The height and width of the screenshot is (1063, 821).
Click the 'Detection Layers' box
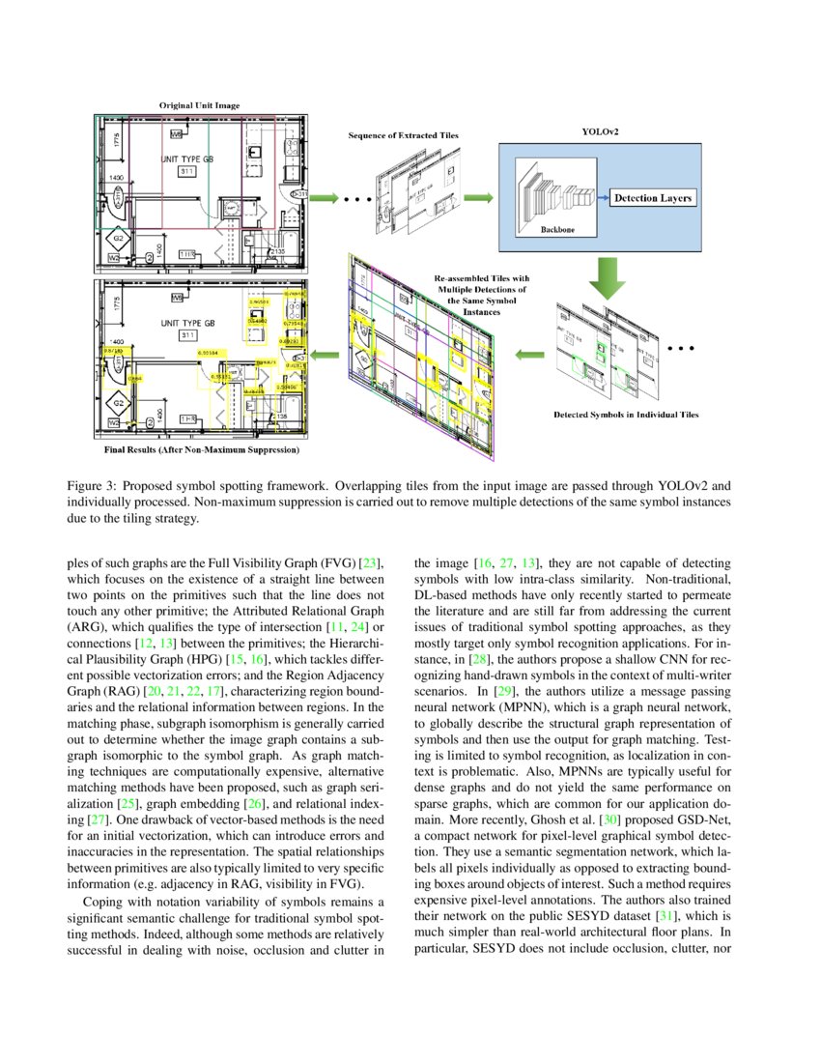coord(653,198)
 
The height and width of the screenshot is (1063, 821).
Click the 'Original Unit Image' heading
coord(200,104)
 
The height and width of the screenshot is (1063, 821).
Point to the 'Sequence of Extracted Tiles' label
coord(404,136)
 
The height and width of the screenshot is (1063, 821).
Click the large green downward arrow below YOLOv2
coord(607,276)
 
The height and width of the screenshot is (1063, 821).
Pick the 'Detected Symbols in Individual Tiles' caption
coord(626,415)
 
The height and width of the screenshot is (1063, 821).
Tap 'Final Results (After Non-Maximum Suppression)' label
coord(201,449)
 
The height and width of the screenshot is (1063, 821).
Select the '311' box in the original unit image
coord(186,170)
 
